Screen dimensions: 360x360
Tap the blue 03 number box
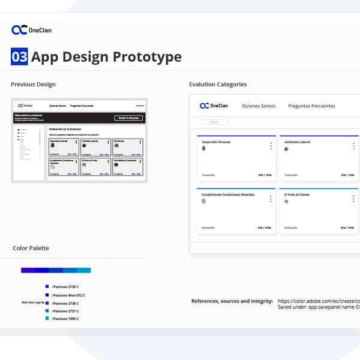pos(20,57)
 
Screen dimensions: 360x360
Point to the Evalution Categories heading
pos(218,85)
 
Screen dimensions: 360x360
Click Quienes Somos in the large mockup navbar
pos(259,106)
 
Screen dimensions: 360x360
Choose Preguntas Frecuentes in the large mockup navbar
pos(311,106)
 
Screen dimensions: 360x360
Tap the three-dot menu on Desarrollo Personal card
pos(271,146)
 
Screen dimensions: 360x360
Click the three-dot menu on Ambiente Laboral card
pos(353,146)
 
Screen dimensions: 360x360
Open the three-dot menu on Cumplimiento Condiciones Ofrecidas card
pos(271,199)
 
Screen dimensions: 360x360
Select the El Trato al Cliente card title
pos(297,195)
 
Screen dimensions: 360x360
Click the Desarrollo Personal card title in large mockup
pos(217,142)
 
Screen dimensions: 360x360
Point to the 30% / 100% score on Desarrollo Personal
pos(264,175)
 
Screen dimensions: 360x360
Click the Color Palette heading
pos(31,248)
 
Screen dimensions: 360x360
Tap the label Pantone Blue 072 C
pos(68,295)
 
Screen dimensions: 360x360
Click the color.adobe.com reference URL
pos(318,301)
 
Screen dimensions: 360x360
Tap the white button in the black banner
pos(129,118)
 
